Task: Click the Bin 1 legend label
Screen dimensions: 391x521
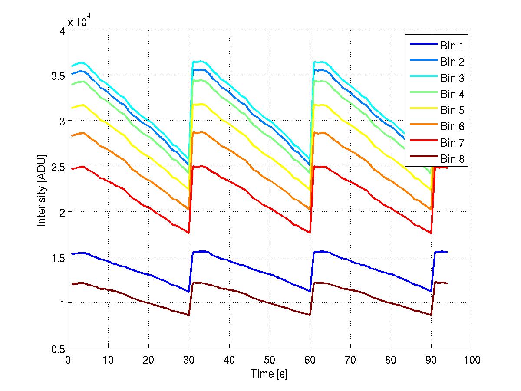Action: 452,46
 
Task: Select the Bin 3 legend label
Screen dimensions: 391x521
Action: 452,78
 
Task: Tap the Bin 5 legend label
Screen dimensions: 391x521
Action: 452,110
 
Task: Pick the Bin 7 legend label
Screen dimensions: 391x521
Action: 452,143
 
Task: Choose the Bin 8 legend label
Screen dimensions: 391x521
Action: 452,159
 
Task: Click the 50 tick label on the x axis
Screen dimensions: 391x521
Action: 270,359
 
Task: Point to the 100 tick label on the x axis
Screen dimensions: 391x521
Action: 472,359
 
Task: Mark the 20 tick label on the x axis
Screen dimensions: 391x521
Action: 148,359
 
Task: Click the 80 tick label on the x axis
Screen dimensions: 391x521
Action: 391,359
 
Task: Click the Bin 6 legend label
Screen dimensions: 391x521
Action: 452,126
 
